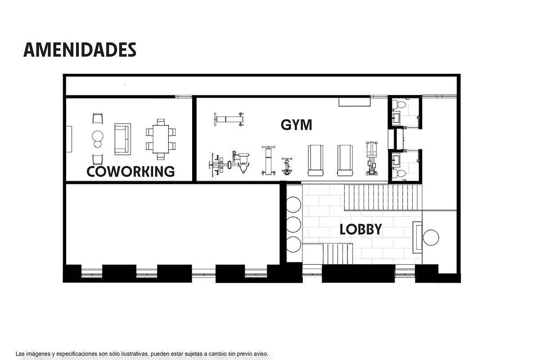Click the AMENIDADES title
80,49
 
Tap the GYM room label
296,125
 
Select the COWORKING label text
130,171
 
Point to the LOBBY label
360,229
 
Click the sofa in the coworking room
123,139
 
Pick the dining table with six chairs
161,139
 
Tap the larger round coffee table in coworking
98,136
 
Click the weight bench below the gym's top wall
229,119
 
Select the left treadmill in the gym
315,160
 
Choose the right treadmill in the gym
345,160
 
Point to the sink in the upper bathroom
396,118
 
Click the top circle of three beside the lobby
293,204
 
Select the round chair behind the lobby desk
431,238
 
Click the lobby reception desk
417,237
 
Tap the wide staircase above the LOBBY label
383,198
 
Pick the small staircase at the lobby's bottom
338,254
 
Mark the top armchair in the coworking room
98,118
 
